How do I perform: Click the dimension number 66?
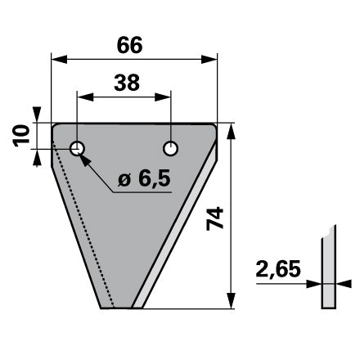[129, 45]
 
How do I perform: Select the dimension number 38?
[127, 83]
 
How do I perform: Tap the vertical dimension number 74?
[215, 218]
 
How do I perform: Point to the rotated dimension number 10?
[21, 136]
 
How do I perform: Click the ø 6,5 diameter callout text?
[144, 178]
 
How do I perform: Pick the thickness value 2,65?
[278, 268]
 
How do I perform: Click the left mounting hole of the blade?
[77, 149]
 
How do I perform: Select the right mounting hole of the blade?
[171, 149]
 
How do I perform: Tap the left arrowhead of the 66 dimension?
[59, 59]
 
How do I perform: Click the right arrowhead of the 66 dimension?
[209, 59]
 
